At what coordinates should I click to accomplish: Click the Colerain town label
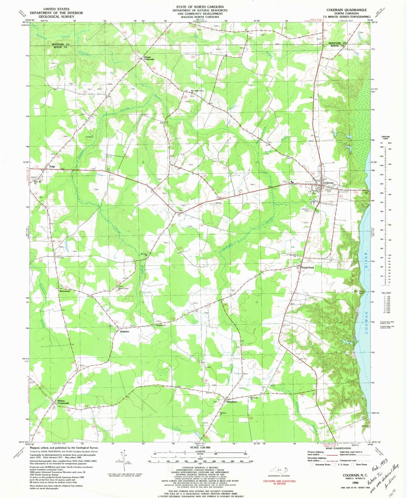[x=328, y=183]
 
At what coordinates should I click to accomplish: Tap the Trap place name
[x=52, y=167]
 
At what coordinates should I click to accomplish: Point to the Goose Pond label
[x=308, y=268]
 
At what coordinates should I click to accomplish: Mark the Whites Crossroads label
[x=63, y=402]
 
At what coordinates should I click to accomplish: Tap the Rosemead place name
[x=65, y=291]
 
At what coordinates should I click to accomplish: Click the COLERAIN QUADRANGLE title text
[x=346, y=10]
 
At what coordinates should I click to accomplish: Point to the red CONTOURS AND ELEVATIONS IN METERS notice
[x=279, y=482]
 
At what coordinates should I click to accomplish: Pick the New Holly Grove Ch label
[x=197, y=91]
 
